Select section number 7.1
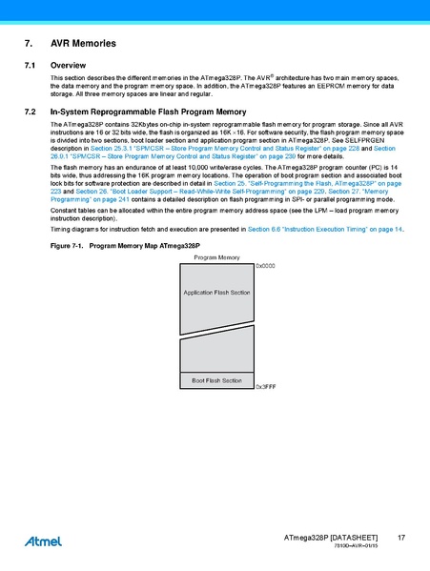point(30,65)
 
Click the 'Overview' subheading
point(68,65)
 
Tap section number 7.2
point(30,112)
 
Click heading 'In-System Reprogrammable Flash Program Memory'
point(148,112)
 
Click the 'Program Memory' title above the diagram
point(216,258)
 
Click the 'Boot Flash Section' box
point(216,380)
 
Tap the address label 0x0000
point(265,266)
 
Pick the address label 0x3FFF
point(265,388)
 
